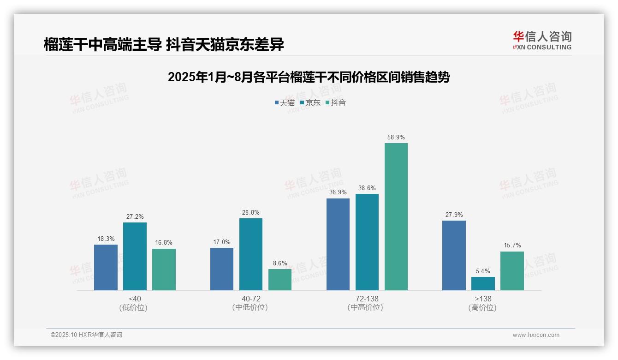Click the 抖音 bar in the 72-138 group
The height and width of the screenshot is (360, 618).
coord(396,216)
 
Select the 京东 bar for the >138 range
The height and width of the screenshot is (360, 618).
coord(483,283)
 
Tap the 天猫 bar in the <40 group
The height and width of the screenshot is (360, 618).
coord(106,267)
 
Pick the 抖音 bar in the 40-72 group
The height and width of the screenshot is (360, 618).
coord(280,280)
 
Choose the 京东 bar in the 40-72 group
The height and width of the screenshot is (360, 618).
coord(251,254)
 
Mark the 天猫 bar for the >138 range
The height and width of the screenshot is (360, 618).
coord(454,255)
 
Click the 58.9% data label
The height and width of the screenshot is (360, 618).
coord(396,137)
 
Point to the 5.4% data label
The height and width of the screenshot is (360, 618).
coord(483,271)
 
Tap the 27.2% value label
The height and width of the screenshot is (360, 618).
coord(135,216)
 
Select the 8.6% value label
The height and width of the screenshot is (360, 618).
coord(280,263)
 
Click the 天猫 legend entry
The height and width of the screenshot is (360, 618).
coord(285,102)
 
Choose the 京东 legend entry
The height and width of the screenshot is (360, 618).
coord(310,102)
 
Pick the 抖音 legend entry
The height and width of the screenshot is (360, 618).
coord(335,102)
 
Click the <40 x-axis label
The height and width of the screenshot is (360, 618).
coord(135,299)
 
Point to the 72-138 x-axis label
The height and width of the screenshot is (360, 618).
coord(367,299)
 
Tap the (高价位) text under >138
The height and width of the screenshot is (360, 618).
coord(483,307)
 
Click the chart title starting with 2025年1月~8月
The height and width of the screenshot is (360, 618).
coord(309,77)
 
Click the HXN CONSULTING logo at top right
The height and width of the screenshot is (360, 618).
coord(542,41)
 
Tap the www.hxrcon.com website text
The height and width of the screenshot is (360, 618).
coord(535,335)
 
